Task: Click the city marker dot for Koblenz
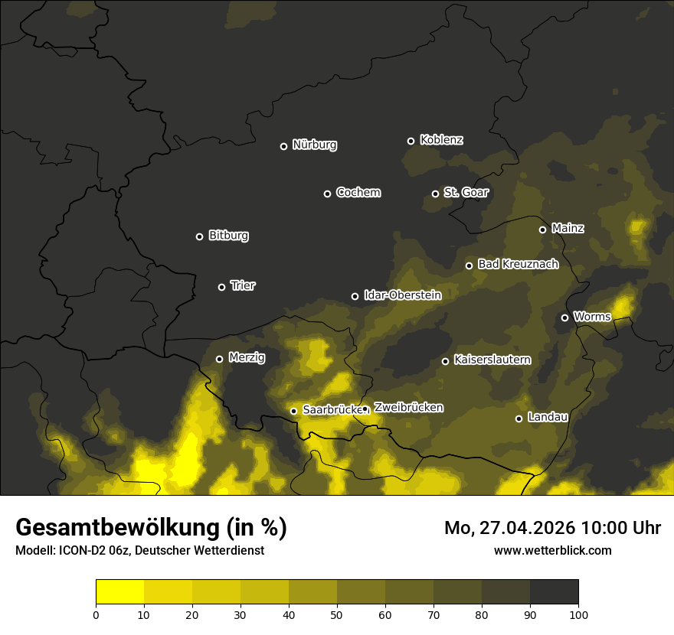[411, 141]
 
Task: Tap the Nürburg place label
[315, 145]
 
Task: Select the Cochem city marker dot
[327, 194]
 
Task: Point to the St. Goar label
[466, 193]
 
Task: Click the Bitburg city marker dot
[199, 236]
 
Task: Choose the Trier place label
[243, 286]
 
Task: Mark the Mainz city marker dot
[542, 230]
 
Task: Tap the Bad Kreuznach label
[518, 265]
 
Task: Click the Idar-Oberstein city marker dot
[355, 296]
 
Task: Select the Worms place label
[592, 317]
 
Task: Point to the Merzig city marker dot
[219, 359]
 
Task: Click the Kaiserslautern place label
[492, 360]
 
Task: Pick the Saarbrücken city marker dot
[293, 411]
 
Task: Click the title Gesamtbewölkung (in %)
[151, 528]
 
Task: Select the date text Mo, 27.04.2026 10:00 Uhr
[552, 528]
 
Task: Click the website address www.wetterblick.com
[552, 550]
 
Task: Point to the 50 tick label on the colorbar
[337, 614]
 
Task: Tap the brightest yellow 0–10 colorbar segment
[119, 592]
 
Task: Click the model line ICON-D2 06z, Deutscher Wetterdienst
[139, 551]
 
